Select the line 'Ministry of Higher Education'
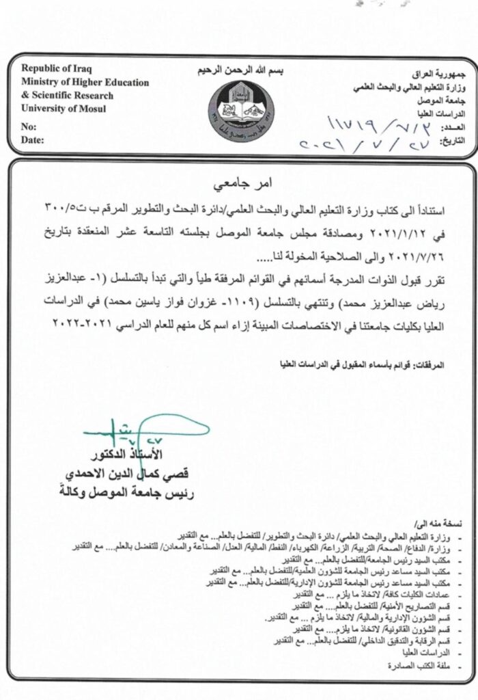tap(85, 83)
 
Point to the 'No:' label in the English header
tap(29, 127)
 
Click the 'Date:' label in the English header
tap(32, 140)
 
